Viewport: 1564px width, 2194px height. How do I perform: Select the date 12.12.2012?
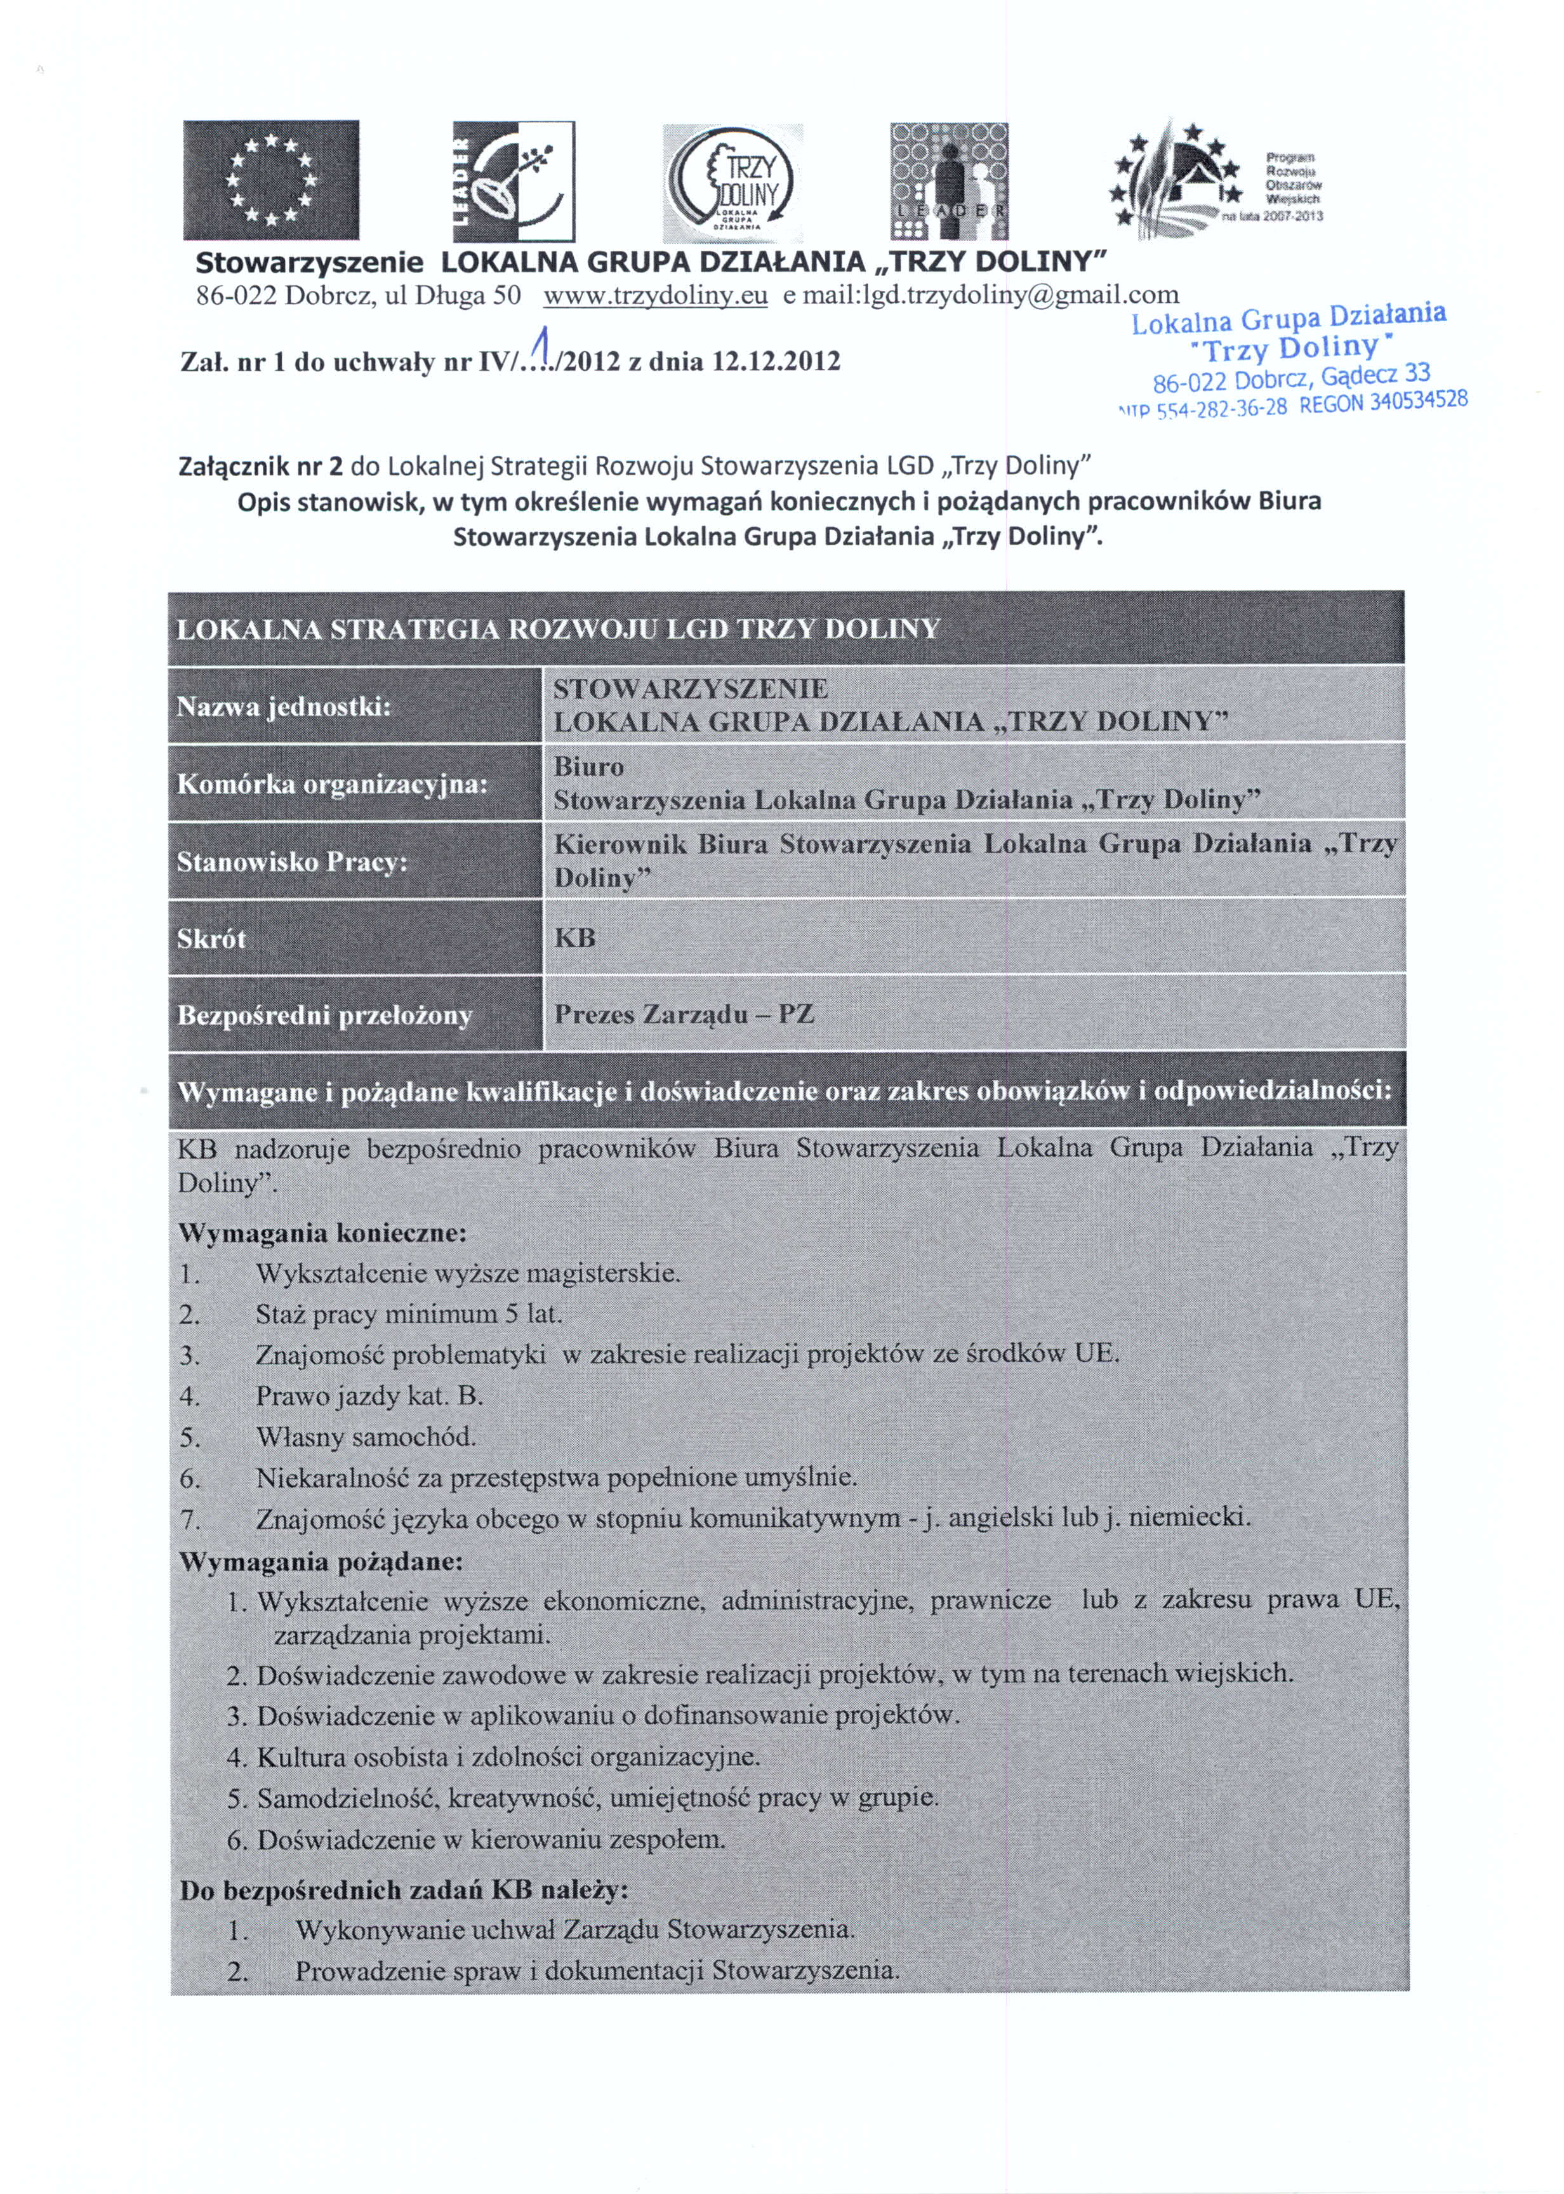pos(775,362)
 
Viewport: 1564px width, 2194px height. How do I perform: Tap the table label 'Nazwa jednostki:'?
pos(283,707)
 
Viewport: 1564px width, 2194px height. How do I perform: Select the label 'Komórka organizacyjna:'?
pos(332,784)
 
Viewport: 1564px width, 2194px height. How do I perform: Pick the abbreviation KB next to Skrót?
pos(575,937)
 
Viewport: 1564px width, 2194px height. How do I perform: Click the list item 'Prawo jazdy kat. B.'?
pos(369,1395)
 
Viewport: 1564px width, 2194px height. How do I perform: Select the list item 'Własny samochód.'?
pos(366,1437)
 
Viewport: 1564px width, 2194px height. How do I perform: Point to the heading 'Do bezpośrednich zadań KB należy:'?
pos(404,1890)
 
